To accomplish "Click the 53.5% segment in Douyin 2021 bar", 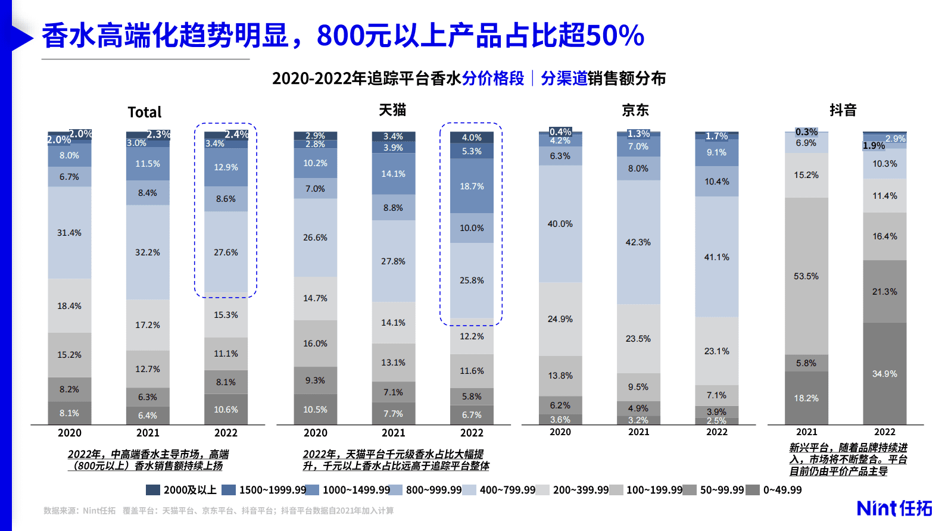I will (806, 276).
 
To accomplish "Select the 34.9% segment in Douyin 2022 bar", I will (884, 374).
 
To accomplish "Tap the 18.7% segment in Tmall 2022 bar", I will (472, 186).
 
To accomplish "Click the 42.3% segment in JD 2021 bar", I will (638, 242).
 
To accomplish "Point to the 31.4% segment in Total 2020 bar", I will (70, 233).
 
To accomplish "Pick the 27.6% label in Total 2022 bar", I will (226, 252).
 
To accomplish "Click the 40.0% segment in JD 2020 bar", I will (560, 224).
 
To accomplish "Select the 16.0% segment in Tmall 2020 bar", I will (315, 343).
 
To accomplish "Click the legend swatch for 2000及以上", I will (153, 490).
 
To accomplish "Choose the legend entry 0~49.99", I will (782, 490).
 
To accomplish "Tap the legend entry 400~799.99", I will (507, 490).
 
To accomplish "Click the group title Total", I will (145, 112).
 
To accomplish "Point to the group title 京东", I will (635, 110).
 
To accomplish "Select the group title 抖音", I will (843, 110).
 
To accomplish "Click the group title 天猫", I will (392, 110).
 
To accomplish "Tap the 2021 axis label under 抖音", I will (806, 432).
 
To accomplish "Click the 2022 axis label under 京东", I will (717, 432).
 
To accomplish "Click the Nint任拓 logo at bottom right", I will (894, 508).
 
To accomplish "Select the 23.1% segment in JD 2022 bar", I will (717, 351).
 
